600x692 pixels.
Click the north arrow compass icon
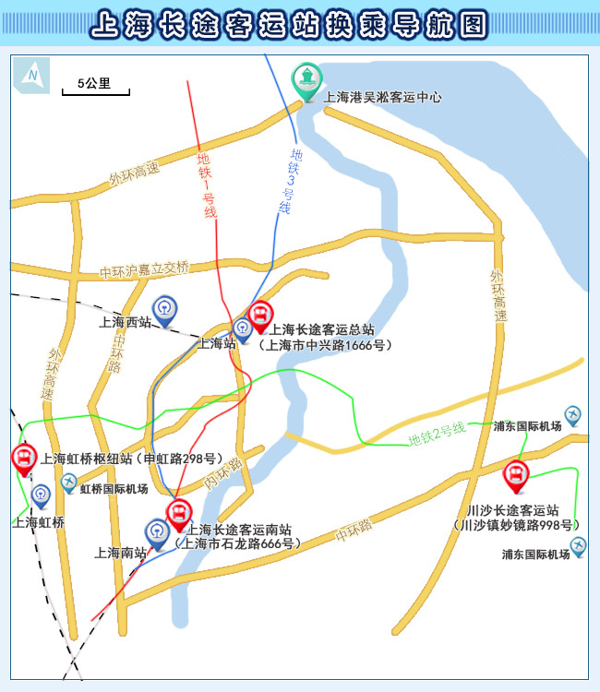[x=32, y=74]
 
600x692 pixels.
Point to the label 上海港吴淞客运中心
[x=383, y=97]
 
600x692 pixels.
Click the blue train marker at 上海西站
[x=165, y=310]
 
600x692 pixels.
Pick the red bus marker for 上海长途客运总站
[x=260, y=316]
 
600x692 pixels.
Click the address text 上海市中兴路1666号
[x=325, y=345]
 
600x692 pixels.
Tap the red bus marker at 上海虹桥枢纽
[x=23, y=458]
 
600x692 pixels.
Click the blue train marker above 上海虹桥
[x=41, y=495]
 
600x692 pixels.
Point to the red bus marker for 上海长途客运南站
[x=177, y=515]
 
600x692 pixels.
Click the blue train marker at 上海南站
[x=157, y=533]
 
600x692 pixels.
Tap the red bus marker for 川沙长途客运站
[x=515, y=477]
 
